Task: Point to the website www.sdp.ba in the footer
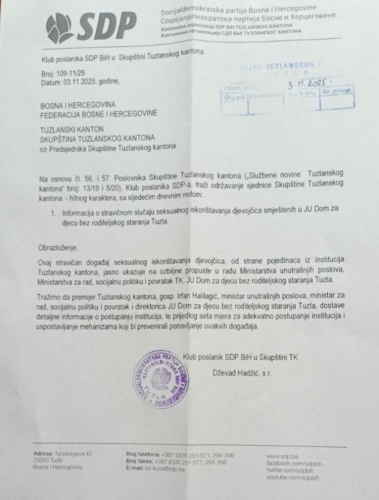coord(283,455)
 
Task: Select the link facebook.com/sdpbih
coord(294,461)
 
